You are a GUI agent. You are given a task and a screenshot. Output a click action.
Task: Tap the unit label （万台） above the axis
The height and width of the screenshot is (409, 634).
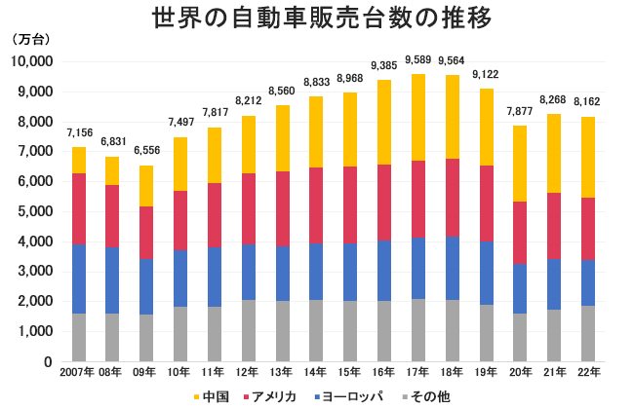point(30,42)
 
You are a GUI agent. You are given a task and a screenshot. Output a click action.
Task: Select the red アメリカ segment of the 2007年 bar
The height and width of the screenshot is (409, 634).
point(79,208)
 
